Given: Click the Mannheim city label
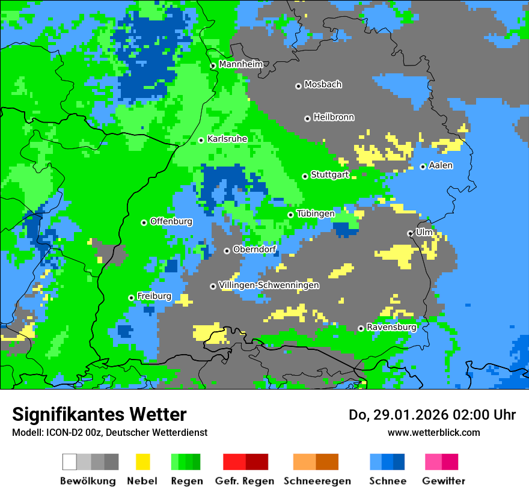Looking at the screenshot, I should pos(240,64).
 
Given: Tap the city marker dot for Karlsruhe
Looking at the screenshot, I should pos(201,140).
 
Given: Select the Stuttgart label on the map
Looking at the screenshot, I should pos(329,175).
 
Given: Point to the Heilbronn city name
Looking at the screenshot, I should pos(334,117).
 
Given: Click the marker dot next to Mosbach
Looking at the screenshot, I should pos(298,86).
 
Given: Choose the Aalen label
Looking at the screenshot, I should pos(441,165).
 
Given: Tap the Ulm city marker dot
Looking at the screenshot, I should pos(410,233).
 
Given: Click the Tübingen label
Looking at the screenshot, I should pos(316,214).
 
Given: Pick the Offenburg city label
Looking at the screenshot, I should pos(171,221).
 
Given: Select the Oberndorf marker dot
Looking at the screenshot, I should pos(227,251).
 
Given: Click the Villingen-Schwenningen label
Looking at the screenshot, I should pos(269,285).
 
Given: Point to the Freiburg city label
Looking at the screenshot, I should pos(154,296).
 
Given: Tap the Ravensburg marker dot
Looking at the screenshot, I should pos(361,328).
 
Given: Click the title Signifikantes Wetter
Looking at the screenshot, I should pos(99,415).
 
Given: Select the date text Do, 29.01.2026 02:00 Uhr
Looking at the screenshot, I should pos(432,415).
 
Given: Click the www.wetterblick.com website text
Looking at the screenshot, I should pos(433,433).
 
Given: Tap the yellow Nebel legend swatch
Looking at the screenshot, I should pos(142,462).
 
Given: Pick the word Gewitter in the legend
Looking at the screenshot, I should pos(443,481).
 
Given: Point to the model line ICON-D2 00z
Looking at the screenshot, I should pos(109,433).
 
